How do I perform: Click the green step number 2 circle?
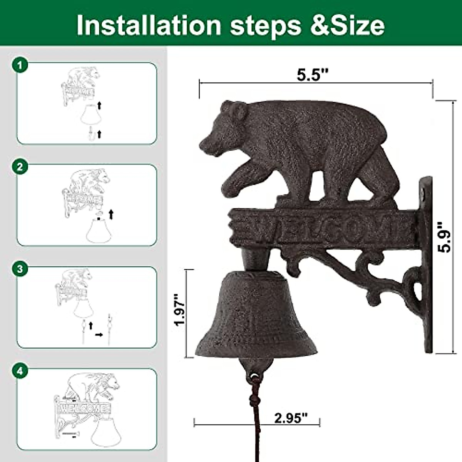pyautogui.click(x=20, y=167)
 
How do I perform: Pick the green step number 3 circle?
pyautogui.click(x=20, y=269)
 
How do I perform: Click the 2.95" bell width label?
pyautogui.click(x=291, y=418)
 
